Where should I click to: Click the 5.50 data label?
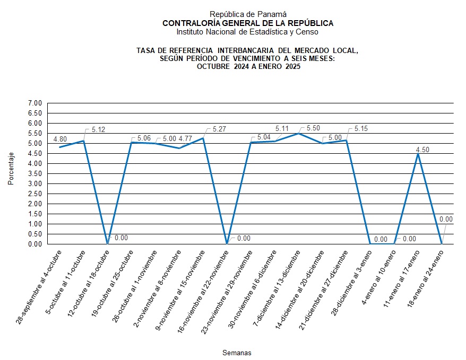pyautogui.click(x=313, y=129)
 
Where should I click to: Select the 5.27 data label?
pyautogui.click(x=219, y=129)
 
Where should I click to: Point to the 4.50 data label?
pyautogui.click(x=422, y=150)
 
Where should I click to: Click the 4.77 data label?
pyautogui.click(x=185, y=139)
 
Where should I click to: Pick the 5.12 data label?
pyautogui.click(x=99, y=129)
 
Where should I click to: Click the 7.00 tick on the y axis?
pyautogui.click(x=34, y=103)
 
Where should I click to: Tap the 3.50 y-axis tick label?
pyautogui.click(x=34, y=173)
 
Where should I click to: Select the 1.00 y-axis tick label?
pyautogui.click(x=34, y=224)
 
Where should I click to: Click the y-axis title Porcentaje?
pyautogui.click(x=11, y=169)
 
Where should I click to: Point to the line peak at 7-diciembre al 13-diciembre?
pyautogui.click(x=298, y=133)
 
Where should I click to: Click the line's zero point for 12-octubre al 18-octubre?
pyautogui.click(x=108, y=244)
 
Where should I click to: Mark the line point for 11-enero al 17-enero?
pyautogui.click(x=418, y=154)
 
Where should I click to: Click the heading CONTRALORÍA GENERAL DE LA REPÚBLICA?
pyautogui.click(x=248, y=23)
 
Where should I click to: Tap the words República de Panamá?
pyautogui.click(x=248, y=14)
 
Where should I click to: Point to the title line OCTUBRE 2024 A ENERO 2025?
pyautogui.click(x=248, y=66)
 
